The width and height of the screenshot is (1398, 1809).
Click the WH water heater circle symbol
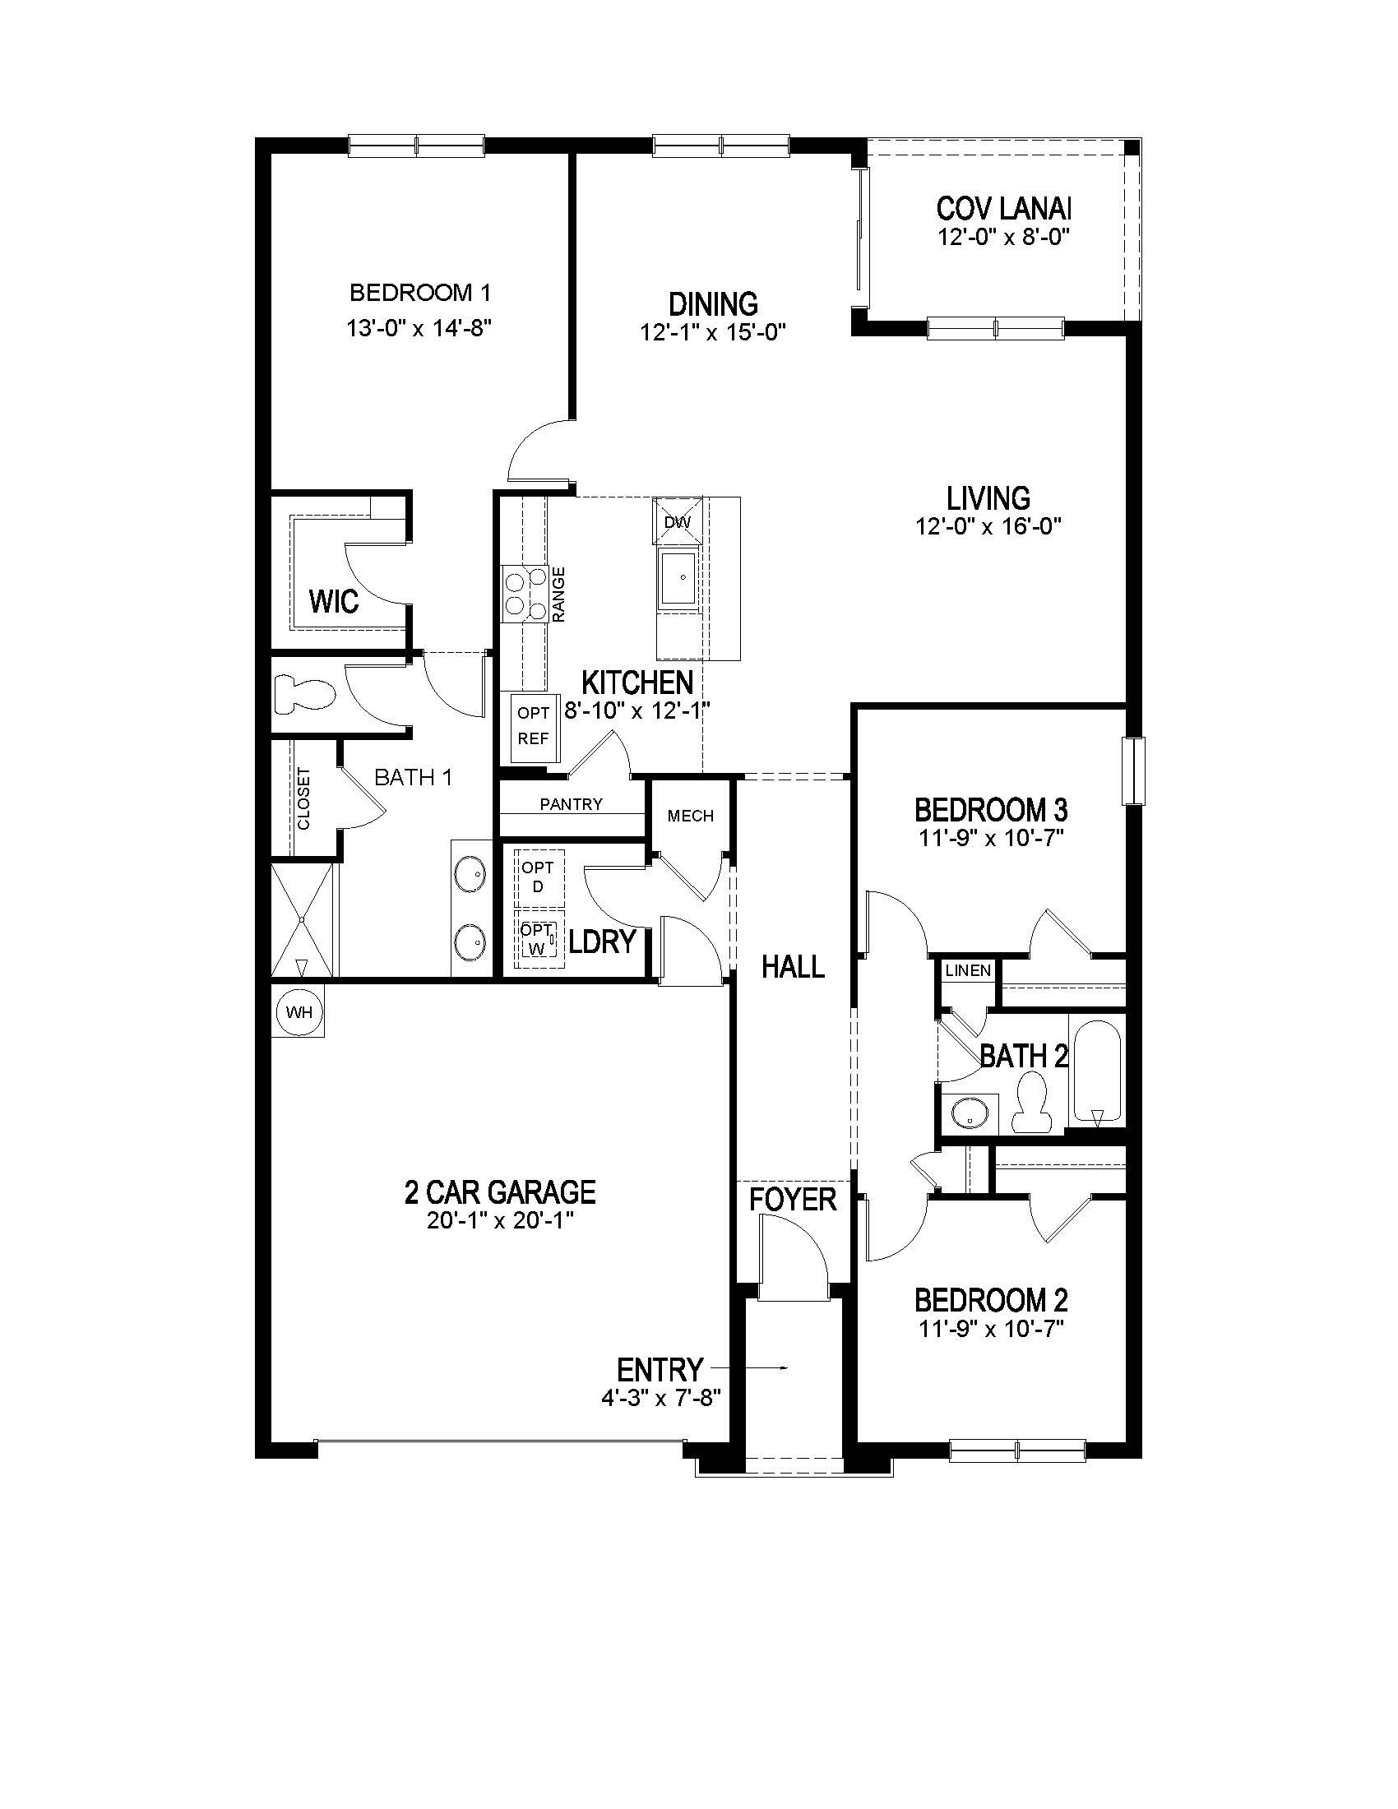coord(299,1011)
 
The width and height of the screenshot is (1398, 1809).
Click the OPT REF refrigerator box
coord(534,726)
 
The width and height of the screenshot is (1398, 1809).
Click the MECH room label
coord(690,816)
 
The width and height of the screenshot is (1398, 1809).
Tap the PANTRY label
coord(571,804)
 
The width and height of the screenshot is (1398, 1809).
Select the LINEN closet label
coord(967,971)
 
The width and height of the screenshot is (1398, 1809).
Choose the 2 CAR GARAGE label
coord(499,1193)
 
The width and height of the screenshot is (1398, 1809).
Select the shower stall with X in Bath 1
coord(303,919)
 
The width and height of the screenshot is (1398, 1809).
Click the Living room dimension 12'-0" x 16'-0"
coord(988,526)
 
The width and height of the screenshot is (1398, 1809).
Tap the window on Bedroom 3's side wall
coord(1133,770)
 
